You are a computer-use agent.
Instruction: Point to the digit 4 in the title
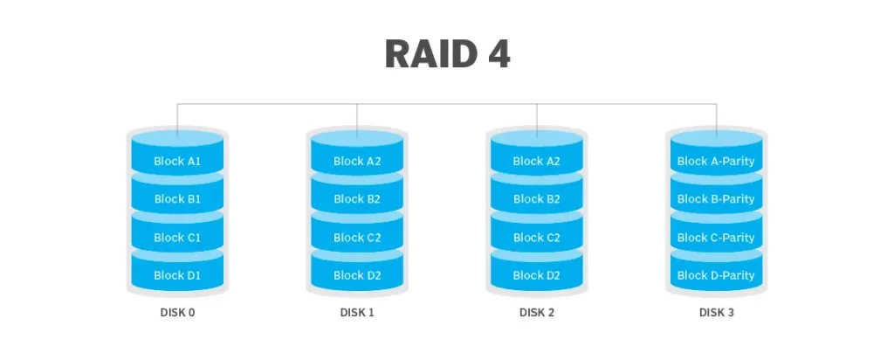coord(495,54)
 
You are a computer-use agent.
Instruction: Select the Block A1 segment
coord(177,161)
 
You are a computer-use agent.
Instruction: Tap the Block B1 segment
coord(177,199)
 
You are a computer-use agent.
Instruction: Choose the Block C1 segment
coord(177,238)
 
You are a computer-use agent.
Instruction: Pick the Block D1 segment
coord(177,275)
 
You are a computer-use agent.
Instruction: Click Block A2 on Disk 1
coord(356,161)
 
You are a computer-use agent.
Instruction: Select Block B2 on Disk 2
coord(536,199)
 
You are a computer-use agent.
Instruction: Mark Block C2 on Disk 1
coord(356,238)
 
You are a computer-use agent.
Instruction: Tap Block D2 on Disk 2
coord(536,275)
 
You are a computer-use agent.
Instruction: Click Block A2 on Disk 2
coord(536,161)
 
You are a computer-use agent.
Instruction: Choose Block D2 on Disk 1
coord(356,275)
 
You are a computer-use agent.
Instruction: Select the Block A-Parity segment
coord(716,161)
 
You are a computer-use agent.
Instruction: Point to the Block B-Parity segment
coord(716,199)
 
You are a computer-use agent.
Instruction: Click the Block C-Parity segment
coord(716,238)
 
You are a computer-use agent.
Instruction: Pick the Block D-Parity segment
coord(716,275)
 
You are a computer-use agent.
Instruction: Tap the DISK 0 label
coord(177,313)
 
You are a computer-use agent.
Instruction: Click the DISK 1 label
coord(356,313)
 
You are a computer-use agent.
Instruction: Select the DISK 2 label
coord(536,313)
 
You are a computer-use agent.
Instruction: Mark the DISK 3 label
coord(716,313)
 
